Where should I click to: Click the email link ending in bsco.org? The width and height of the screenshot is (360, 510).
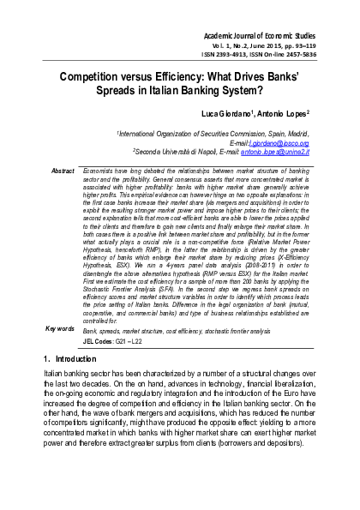tap(279, 143)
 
